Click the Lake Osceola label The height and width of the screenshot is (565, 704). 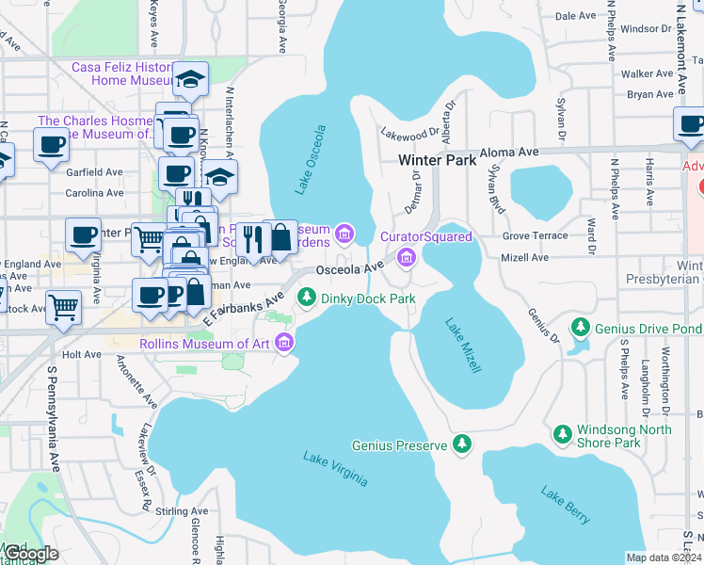(x=311, y=160)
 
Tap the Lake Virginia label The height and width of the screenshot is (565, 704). (x=336, y=469)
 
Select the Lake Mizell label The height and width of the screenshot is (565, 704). (x=463, y=345)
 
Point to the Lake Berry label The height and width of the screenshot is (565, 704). (x=566, y=505)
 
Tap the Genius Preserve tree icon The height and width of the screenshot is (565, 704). (x=461, y=444)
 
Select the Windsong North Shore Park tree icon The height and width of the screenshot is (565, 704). (x=562, y=434)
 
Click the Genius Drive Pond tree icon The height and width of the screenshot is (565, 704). (x=581, y=328)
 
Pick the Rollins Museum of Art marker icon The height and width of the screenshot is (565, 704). (x=285, y=345)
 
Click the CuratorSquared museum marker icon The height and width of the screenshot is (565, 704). (x=407, y=256)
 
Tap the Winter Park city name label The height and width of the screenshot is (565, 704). (x=437, y=160)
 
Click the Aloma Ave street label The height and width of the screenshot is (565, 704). (x=509, y=152)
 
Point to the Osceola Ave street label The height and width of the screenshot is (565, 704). (x=350, y=269)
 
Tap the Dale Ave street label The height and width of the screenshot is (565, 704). (x=576, y=16)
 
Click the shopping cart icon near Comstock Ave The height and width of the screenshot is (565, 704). (x=64, y=307)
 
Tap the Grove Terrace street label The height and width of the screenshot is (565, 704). (x=536, y=235)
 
